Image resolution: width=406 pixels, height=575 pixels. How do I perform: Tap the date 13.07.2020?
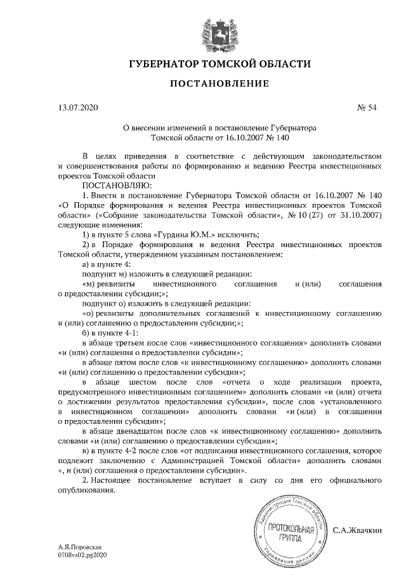pyautogui.click(x=75, y=109)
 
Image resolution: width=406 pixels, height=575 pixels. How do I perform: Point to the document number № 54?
pyautogui.click(x=367, y=109)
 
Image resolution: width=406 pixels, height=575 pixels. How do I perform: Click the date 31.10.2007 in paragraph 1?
pyautogui.click(x=360, y=214)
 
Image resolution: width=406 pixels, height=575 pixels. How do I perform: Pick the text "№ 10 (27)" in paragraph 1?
pyautogui.click(x=304, y=214)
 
